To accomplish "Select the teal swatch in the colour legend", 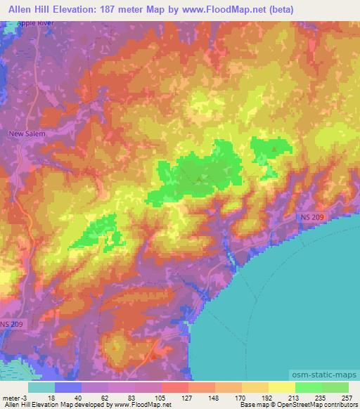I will click(x=41, y=387).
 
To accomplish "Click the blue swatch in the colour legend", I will click(x=68, y=387).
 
